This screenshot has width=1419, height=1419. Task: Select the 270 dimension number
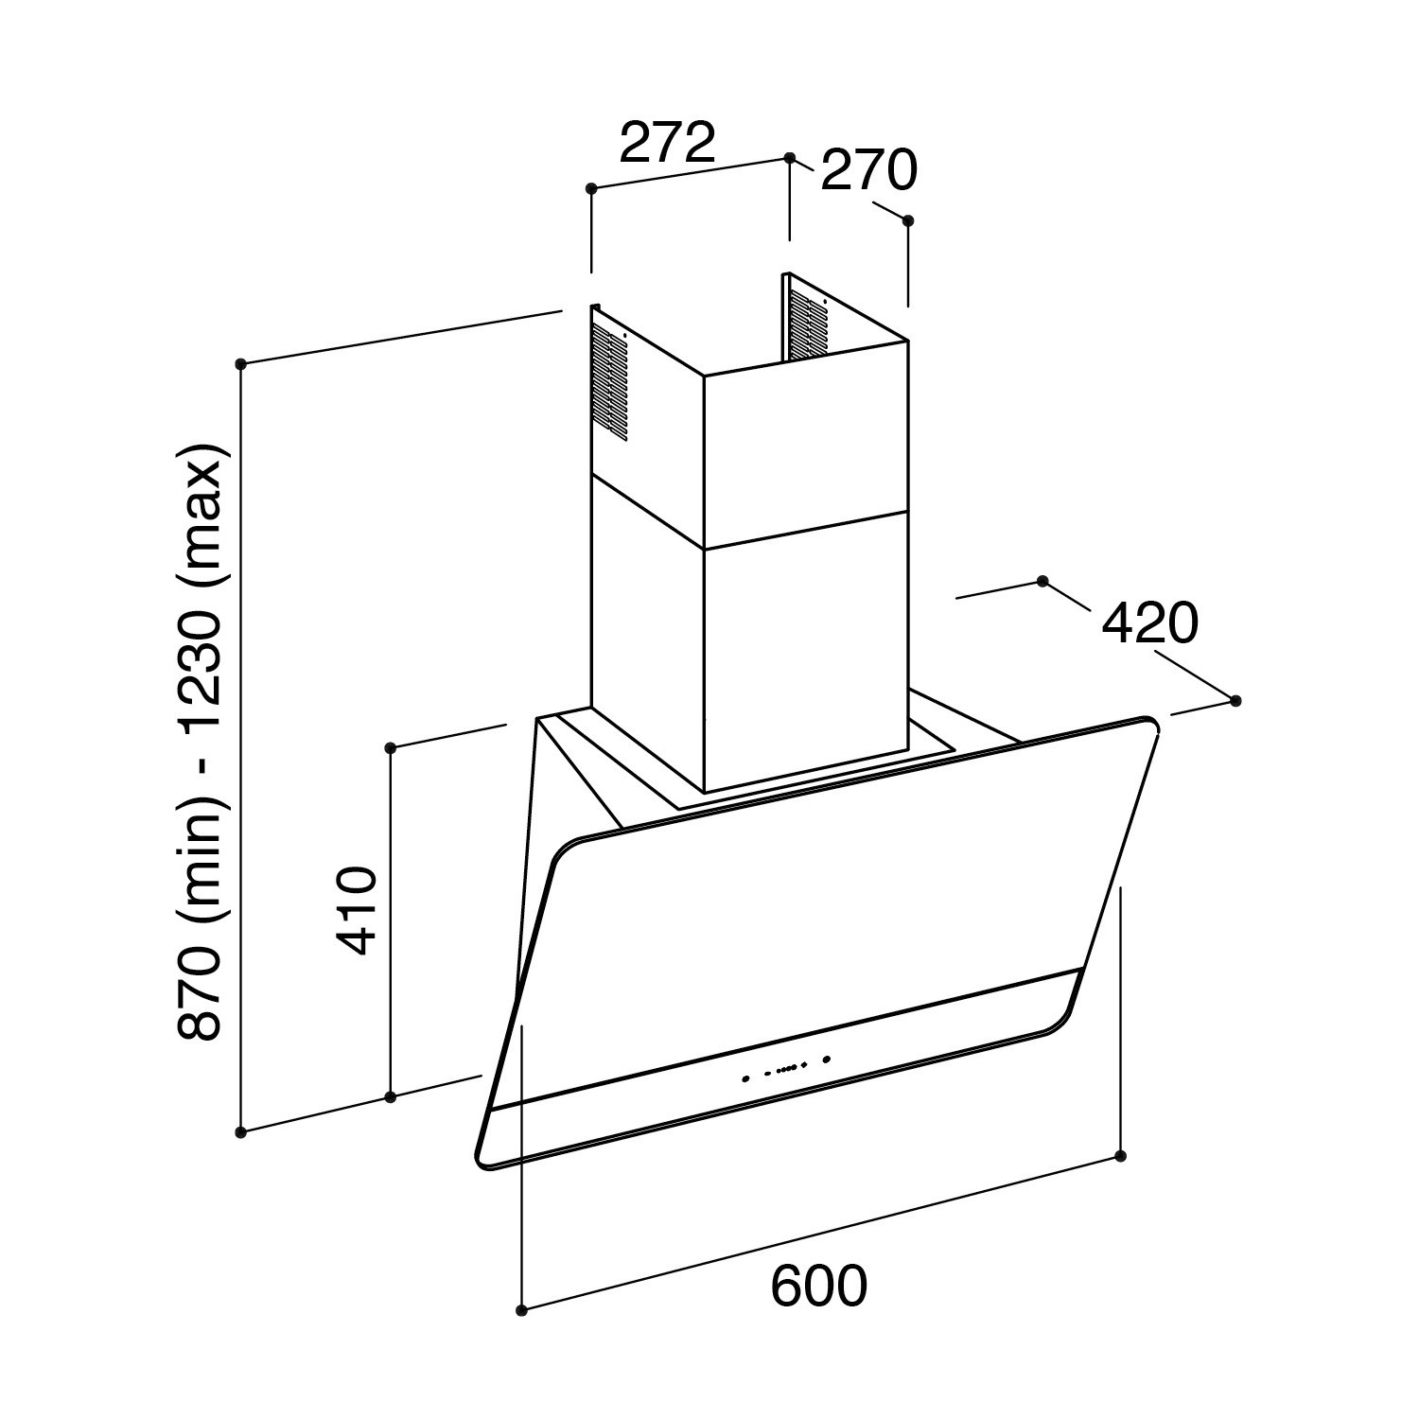(868, 170)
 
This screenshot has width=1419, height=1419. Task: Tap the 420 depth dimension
(1150, 623)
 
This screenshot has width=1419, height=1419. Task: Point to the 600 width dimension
(818, 1286)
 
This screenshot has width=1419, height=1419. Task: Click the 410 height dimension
(359, 910)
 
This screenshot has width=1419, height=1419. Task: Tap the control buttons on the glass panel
(786, 1068)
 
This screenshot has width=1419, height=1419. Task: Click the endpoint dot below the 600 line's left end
(522, 1310)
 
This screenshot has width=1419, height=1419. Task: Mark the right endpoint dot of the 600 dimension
(1121, 1156)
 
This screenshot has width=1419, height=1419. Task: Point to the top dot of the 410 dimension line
(391, 748)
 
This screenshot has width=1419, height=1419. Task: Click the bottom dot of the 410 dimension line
(391, 1097)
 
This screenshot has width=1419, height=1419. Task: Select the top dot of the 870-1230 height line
(241, 363)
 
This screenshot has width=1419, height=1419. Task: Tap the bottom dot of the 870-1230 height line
(241, 1131)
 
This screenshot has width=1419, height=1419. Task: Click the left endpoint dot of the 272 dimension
(592, 189)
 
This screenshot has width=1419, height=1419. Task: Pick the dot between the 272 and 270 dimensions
(789, 159)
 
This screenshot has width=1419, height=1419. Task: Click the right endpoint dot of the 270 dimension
(908, 220)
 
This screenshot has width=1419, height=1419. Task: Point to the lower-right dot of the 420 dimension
(1235, 701)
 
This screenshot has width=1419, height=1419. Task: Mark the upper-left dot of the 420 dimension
(1043, 581)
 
